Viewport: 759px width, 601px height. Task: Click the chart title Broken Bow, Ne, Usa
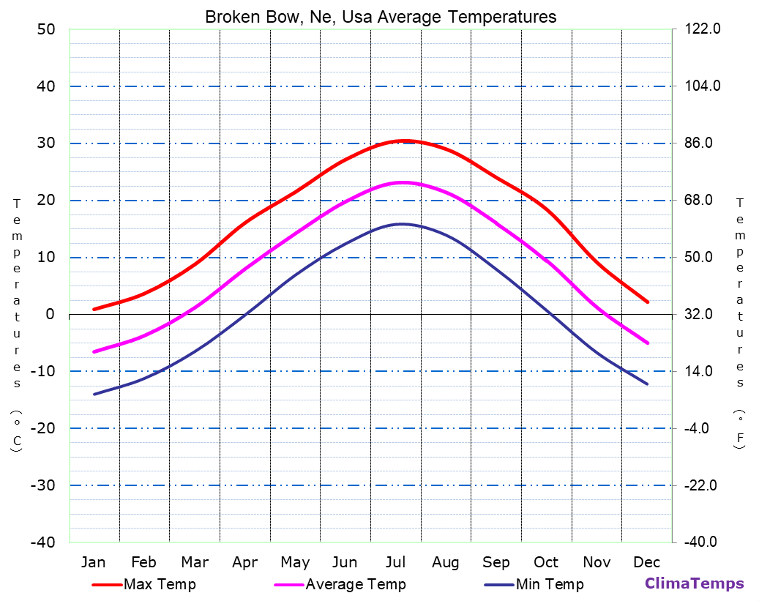click(x=380, y=16)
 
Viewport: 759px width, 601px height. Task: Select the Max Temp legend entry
click(x=160, y=584)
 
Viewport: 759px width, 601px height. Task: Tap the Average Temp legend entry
click(x=355, y=584)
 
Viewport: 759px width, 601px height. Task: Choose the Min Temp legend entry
click(x=549, y=584)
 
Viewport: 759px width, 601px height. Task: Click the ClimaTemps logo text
click(x=694, y=583)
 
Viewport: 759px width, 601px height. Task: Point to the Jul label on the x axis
click(x=396, y=562)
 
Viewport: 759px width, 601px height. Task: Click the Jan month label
click(x=93, y=562)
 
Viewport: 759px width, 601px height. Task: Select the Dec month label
click(x=647, y=562)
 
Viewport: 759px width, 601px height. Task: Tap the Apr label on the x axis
click(x=244, y=562)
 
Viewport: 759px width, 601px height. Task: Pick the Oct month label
click(x=546, y=562)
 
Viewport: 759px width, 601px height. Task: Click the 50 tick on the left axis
click(x=45, y=29)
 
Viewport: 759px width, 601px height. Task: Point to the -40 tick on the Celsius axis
click(x=41, y=542)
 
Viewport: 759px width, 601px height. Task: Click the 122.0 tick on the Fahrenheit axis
click(x=702, y=29)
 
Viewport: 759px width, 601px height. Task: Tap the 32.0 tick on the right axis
click(x=702, y=314)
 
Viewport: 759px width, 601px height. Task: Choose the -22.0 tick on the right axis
click(x=702, y=485)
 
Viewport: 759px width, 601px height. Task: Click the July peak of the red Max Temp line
click(x=403, y=141)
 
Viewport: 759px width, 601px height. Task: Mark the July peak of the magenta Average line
click(x=403, y=182)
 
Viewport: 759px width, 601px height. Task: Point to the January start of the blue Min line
click(x=94, y=394)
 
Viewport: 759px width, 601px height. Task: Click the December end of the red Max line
click(x=648, y=302)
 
